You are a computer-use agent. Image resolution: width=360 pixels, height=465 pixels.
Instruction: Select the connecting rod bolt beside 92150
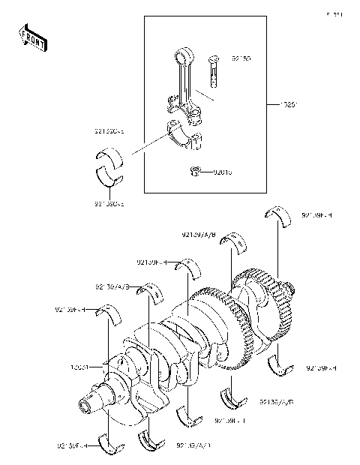tap(213, 69)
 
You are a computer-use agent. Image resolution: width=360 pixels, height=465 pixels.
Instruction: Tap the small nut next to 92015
tap(195, 171)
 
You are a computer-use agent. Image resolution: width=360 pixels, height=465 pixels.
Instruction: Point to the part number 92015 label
tap(221, 172)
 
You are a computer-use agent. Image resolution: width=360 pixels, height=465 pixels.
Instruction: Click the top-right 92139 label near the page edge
tap(318, 214)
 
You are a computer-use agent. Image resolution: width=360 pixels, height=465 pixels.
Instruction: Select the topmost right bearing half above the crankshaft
tap(279, 214)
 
